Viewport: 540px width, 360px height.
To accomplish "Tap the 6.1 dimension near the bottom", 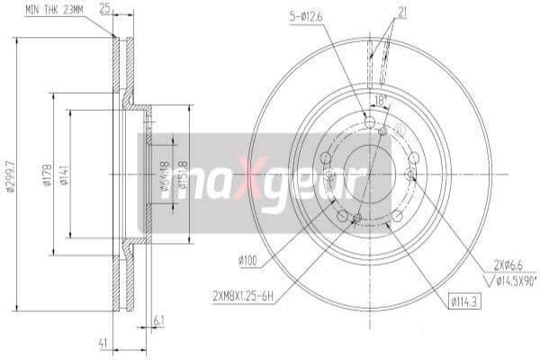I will pyautogui.click(x=159, y=319).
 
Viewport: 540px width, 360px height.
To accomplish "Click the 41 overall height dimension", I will pyautogui.click(x=103, y=343).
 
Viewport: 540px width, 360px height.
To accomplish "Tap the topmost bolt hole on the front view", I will pyautogui.click(x=370, y=121).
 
